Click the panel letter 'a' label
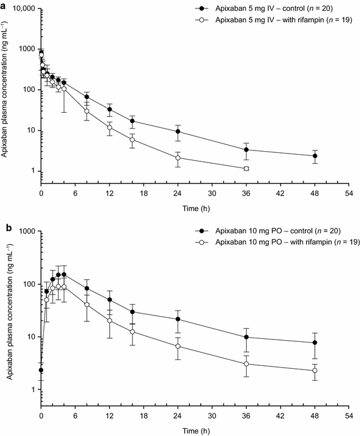[4, 4]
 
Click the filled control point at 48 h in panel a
[315, 156]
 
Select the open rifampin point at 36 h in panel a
[247, 169]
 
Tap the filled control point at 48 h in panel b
[315, 342]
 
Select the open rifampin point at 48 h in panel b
[315, 371]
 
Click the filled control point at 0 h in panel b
[41, 370]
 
